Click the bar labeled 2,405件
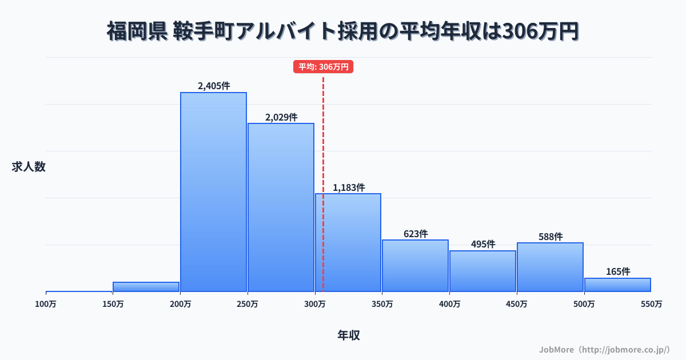coord(213,192)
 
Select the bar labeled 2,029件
coord(281,207)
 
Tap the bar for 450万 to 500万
coord(550,267)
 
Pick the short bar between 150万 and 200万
coord(146,287)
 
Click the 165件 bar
coord(617,285)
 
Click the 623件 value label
coord(416,234)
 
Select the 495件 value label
coord(483,244)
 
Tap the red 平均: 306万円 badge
coord(324,67)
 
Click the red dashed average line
coord(324,143)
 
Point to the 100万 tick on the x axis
coord(46,304)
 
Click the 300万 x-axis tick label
coord(315,304)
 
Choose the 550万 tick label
coord(651,304)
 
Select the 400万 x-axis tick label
coord(449,304)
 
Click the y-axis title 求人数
coord(29,167)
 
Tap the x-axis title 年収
coord(349,335)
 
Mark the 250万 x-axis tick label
coord(248,304)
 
